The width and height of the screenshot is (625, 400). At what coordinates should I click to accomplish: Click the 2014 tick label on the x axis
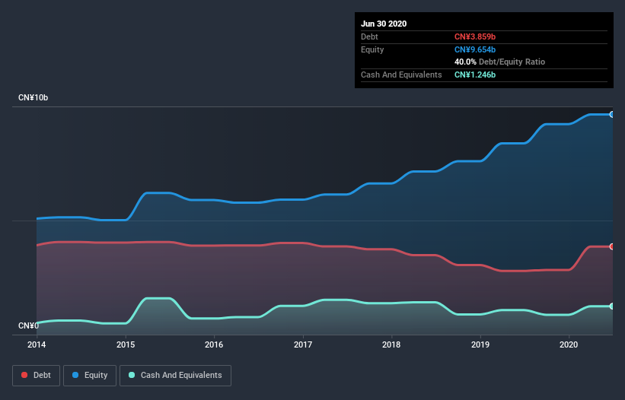point(37,344)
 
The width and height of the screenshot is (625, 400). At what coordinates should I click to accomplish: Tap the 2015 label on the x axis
point(126,344)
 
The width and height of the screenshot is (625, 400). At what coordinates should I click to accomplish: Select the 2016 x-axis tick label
point(214,344)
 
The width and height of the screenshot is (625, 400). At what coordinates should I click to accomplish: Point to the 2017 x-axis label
point(303,344)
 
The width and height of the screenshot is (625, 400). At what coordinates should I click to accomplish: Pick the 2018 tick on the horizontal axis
point(391,344)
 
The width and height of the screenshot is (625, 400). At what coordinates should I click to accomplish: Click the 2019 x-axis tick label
point(480,344)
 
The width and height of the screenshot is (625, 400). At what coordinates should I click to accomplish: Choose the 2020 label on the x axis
point(569,344)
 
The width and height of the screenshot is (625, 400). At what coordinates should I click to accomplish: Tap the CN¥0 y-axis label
point(28,326)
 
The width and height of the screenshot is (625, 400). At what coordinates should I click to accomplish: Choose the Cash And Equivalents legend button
point(175,375)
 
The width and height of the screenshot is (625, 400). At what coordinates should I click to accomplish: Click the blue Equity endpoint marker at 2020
point(612,114)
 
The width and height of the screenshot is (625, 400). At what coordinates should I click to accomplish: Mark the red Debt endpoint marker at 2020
point(612,246)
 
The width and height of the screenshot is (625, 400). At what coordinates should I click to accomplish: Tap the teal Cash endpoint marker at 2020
point(612,306)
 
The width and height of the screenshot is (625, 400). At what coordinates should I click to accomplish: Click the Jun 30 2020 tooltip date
point(384,24)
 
